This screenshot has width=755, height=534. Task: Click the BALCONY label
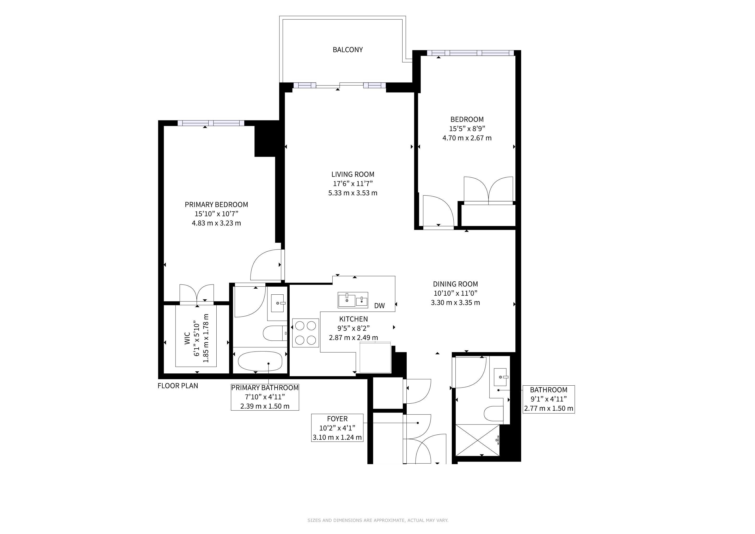pyautogui.click(x=348, y=50)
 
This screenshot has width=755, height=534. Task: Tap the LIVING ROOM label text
pyautogui.click(x=353, y=174)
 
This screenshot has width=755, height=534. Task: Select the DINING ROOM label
pyautogui.click(x=455, y=284)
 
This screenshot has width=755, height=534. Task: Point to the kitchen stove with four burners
pyautogui.click(x=306, y=333)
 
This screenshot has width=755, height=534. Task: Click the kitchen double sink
pyautogui.click(x=353, y=300)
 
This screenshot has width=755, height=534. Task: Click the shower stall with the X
pyautogui.click(x=477, y=440)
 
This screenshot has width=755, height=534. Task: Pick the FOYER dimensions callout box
pyautogui.click(x=337, y=428)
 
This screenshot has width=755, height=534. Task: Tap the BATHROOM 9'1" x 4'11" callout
pyautogui.click(x=549, y=399)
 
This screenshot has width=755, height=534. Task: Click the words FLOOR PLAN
pyautogui.click(x=178, y=386)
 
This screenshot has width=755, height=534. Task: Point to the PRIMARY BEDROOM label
pyautogui.click(x=216, y=204)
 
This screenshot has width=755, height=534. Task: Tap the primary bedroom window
pyautogui.click(x=211, y=123)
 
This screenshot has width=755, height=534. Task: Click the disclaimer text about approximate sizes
pyautogui.click(x=378, y=520)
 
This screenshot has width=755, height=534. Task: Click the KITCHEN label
pyautogui.click(x=354, y=319)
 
